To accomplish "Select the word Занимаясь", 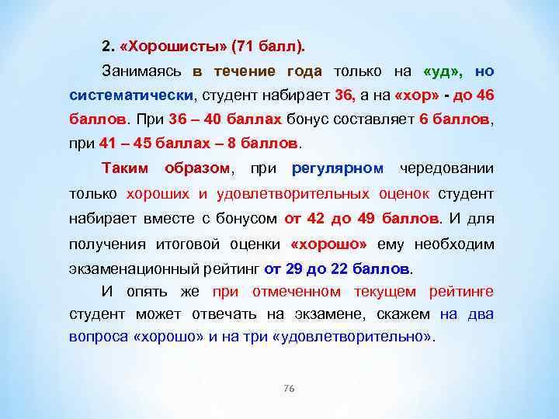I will tap(142, 71).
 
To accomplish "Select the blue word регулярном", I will tap(337, 168).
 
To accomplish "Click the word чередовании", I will tap(446, 168).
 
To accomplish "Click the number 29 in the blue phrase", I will tap(293, 269).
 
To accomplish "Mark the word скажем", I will tap(407, 315).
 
